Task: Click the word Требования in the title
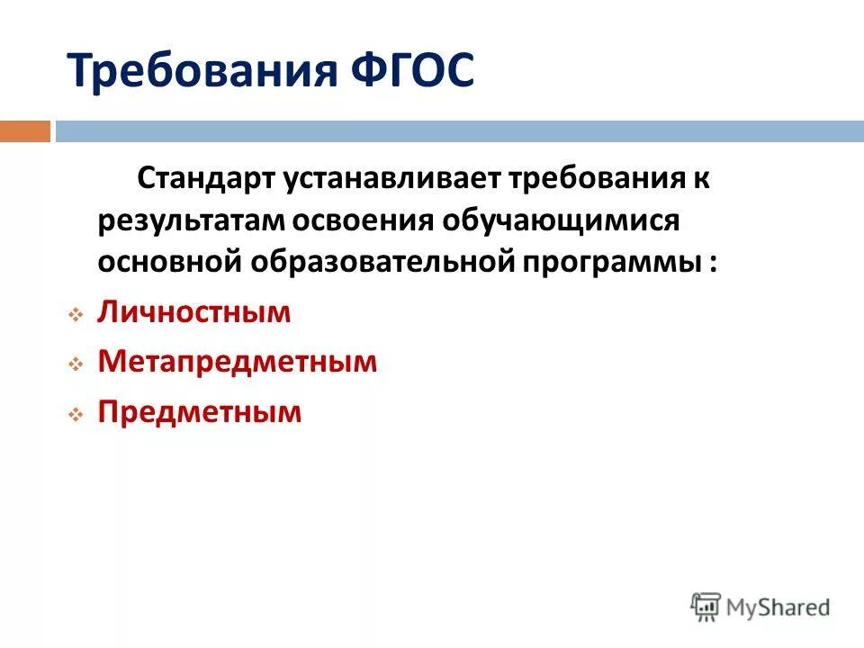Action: [x=195, y=72]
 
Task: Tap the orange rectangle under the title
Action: [x=25, y=131]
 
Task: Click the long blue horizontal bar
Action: [x=459, y=131]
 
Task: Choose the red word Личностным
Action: [x=194, y=313]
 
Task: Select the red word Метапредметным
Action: [x=238, y=363]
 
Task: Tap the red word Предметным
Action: [x=200, y=413]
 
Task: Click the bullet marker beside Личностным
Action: [x=76, y=315]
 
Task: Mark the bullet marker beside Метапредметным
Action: [x=76, y=364]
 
